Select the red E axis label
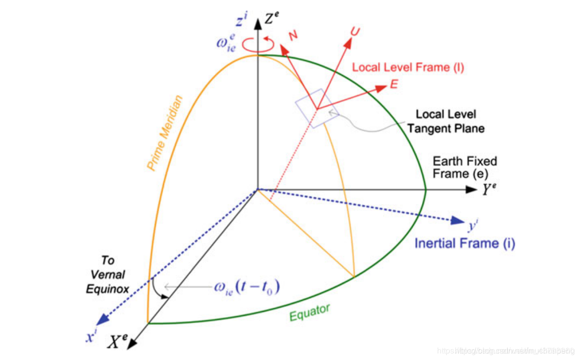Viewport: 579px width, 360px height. (x=394, y=84)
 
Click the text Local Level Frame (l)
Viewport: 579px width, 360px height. (x=408, y=67)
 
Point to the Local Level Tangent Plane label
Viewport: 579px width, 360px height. (x=446, y=121)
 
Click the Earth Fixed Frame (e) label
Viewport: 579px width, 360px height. (x=465, y=168)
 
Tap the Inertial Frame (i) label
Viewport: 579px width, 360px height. (x=465, y=243)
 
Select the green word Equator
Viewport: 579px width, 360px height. (x=309, y=312)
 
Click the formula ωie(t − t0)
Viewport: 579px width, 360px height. (x=246, y=287)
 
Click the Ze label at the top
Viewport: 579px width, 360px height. (x=272, y=20)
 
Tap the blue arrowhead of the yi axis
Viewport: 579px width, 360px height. (x=457, y=220)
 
